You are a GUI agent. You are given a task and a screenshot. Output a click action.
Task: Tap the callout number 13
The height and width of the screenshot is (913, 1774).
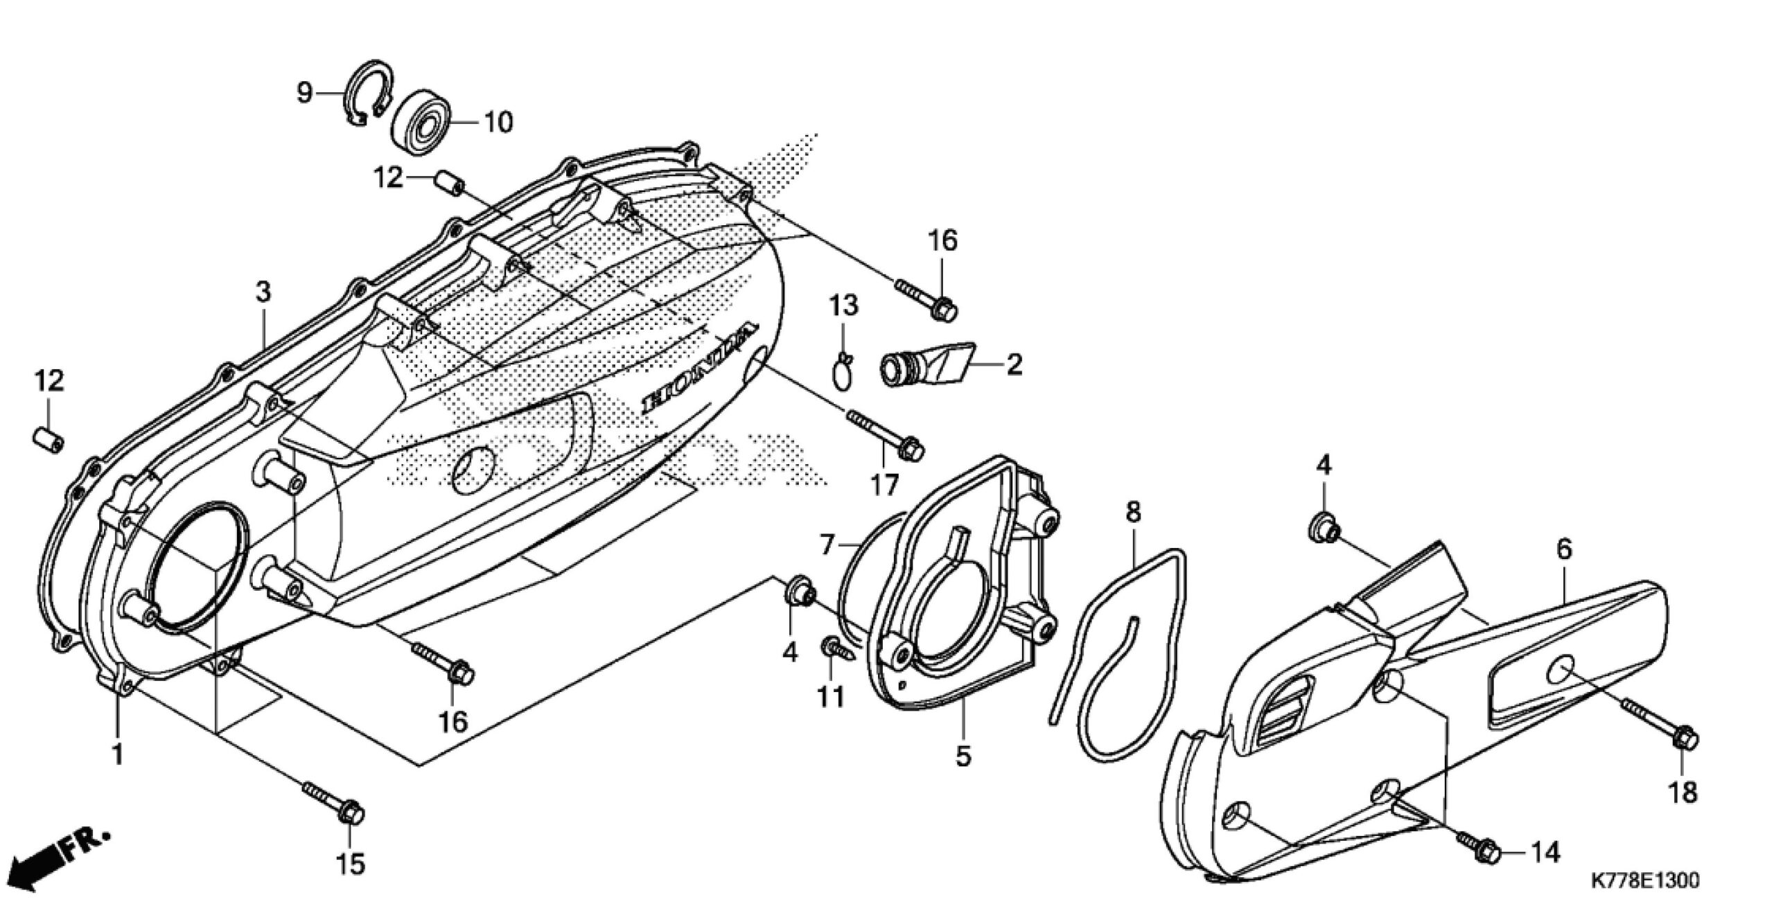844,305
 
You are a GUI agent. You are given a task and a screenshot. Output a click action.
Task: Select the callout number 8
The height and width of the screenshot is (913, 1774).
1133,513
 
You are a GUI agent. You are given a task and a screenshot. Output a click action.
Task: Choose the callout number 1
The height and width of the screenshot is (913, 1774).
117,754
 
